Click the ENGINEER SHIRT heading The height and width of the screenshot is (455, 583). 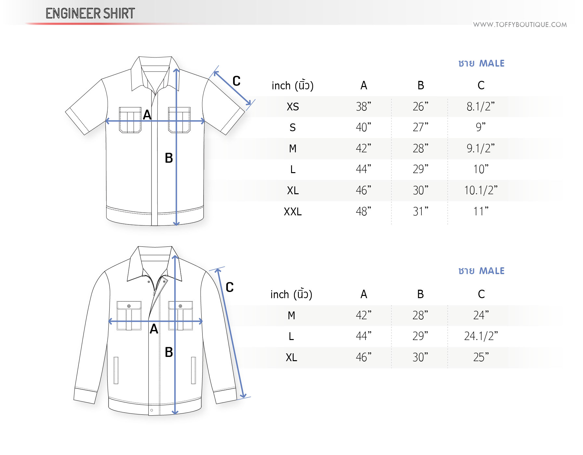click(90, 13)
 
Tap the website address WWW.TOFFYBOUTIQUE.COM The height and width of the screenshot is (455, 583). click(520, 25)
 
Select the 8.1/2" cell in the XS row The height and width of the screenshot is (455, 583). click(481, 106)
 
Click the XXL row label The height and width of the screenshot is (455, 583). click(293, 211)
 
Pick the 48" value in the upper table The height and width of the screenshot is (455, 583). click(364, 211)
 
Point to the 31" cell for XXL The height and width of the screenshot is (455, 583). click(420, 211)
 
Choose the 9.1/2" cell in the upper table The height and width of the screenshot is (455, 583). click(481, 148)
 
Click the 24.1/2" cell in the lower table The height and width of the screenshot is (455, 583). click(481, 336)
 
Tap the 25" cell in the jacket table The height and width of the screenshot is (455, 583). click(481, 357)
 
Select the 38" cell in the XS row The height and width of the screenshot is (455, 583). click(364, 106)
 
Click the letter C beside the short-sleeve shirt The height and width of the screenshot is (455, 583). click(236, 81)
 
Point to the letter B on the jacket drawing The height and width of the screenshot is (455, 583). click(169, 352)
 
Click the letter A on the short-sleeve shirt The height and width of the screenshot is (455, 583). click(147, 115)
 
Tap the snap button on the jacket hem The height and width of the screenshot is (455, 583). click(152, 410)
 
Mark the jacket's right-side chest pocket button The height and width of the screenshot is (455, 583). click(180, 306)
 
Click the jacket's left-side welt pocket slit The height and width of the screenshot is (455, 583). click(116, 370)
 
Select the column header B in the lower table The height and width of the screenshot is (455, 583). click(420, 294)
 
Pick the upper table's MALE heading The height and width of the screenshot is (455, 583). click(492, 63)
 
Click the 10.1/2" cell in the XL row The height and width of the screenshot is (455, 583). click(481, 190)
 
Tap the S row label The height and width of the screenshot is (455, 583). click(293, 127)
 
